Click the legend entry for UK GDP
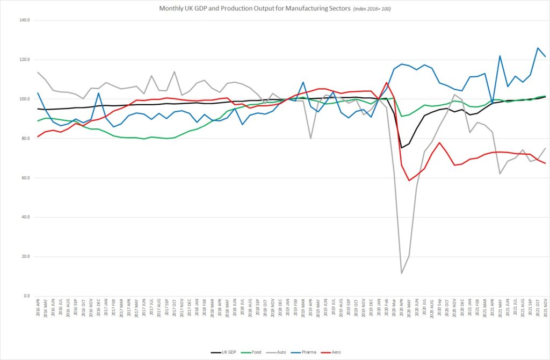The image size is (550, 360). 226,352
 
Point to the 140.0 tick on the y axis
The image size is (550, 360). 25,20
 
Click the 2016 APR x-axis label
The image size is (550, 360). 38,311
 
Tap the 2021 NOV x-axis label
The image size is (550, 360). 546,311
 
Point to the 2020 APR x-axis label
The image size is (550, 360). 402,311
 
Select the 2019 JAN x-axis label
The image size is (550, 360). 287,311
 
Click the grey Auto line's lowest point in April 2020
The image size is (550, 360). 402,273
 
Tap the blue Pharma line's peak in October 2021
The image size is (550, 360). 538,48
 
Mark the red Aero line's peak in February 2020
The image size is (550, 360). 386,83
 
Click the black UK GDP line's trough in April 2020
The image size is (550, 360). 402,148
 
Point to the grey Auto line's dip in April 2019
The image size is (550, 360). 310,138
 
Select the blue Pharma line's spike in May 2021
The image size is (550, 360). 500,56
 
